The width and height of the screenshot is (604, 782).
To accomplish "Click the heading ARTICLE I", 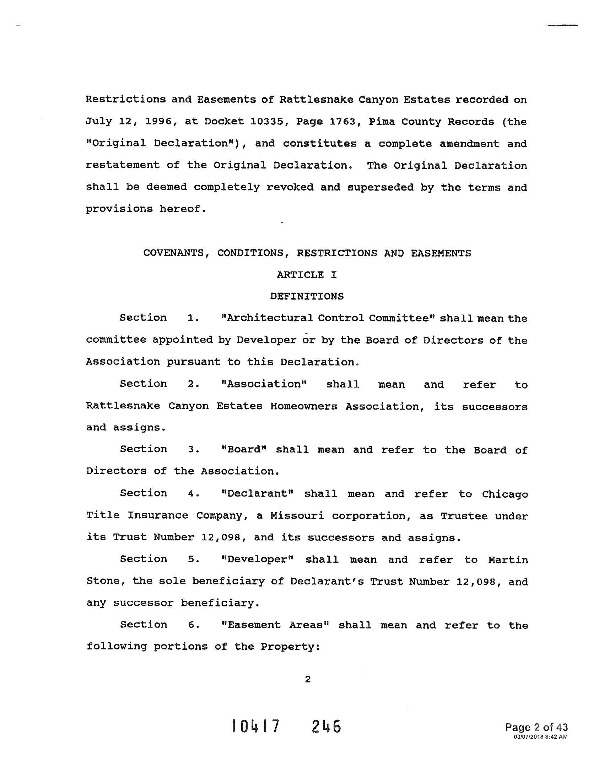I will tap(307, 275).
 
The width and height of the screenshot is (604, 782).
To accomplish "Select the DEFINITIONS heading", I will tap(307, 296).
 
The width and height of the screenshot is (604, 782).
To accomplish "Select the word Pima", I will tap(382, 122).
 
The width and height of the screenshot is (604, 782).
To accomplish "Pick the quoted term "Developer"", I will tap(258, 559).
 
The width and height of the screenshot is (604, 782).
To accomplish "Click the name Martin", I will tap(508, 559).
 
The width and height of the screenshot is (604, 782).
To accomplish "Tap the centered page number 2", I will tap(307, 679).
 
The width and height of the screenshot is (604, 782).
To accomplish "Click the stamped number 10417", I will tap(255, 727).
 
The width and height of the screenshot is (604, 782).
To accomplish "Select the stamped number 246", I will tap(326, 727).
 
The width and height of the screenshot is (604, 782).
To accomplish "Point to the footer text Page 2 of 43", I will tap(536, 727).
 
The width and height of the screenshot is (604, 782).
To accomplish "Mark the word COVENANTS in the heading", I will tap(174, 253).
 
